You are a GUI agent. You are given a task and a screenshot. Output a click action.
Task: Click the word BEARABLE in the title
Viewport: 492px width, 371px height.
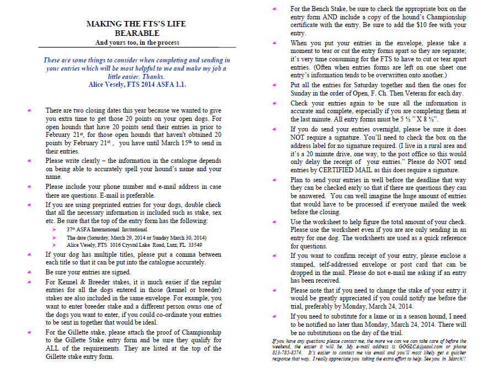click(136, 33)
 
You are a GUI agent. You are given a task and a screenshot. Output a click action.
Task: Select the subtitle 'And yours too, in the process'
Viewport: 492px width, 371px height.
click(136, 43)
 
